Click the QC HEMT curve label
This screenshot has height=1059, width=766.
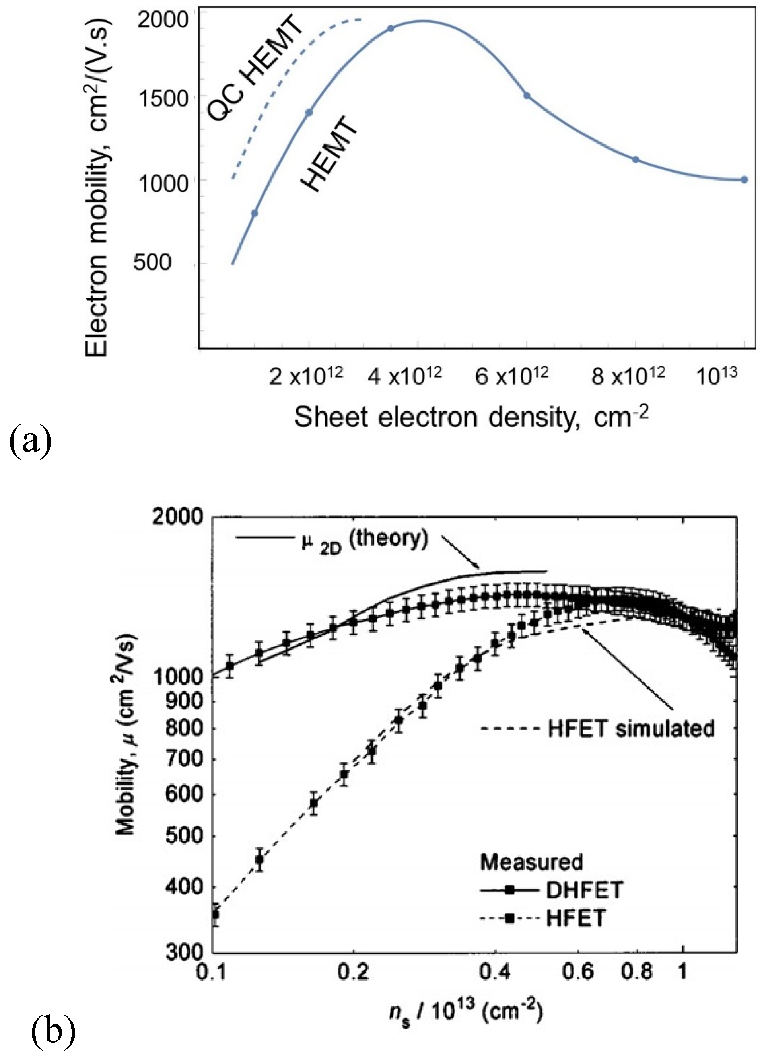click(x=255, y=72)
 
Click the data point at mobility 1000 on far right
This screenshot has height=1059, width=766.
click(x=744, y=179)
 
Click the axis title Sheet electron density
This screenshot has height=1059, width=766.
click(x=471, y=417)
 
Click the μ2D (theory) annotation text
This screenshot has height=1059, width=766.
click(x=364, y=541)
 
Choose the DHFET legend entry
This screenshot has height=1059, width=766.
click(x=583, y=890)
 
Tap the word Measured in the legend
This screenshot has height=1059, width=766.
click(x=532, y=862)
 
